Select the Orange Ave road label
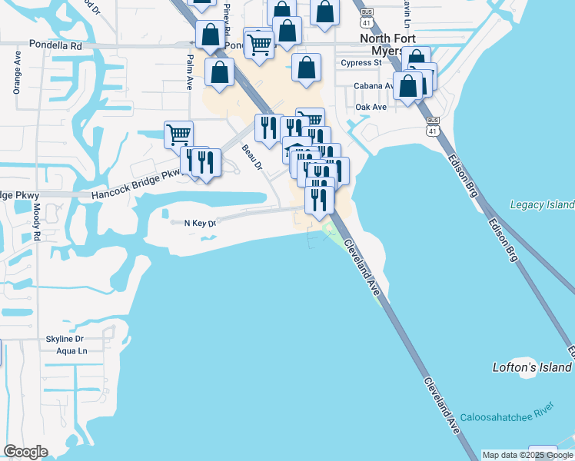coord(17,72)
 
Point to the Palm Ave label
coord(189,72)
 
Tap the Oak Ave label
coord(371,107)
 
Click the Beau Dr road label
coord(251,157)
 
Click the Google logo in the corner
coord(25,452)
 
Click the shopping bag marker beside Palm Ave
coord(220,72)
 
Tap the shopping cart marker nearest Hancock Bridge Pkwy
coord(178,134)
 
